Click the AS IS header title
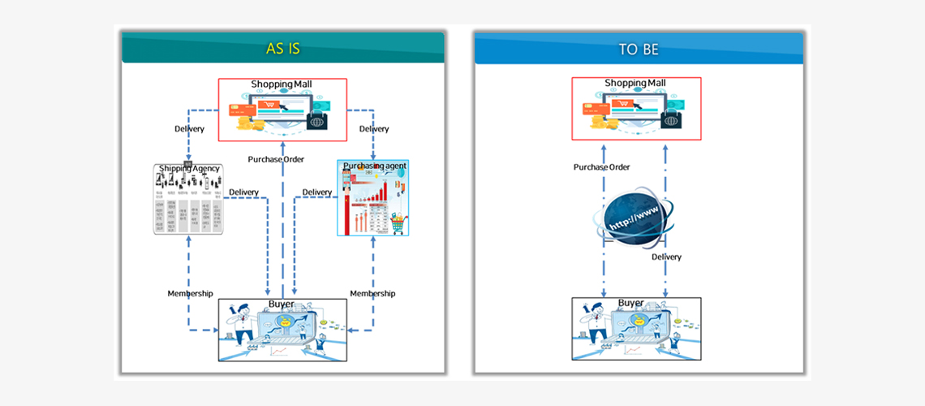(283, 49)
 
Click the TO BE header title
(639, 50)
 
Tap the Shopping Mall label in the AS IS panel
(282, 84)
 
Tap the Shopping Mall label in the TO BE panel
(635, 84)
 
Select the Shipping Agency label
(189, 169)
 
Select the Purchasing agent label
(374, 166)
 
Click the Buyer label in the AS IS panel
(281, 304)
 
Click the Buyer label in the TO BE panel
(631, 304)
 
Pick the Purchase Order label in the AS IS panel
(276, 159)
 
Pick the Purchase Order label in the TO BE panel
(602, 167)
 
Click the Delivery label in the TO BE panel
(666, 257)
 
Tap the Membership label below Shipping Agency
(190, 293)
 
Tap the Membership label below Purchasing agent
(372, 293)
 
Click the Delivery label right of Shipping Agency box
(243, 192)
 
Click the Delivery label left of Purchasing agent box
(317, 192)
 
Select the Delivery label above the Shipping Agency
(189, 128)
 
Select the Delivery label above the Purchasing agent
(374, 128)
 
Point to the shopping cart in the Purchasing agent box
(398, 223)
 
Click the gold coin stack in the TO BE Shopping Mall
(598, 123)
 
